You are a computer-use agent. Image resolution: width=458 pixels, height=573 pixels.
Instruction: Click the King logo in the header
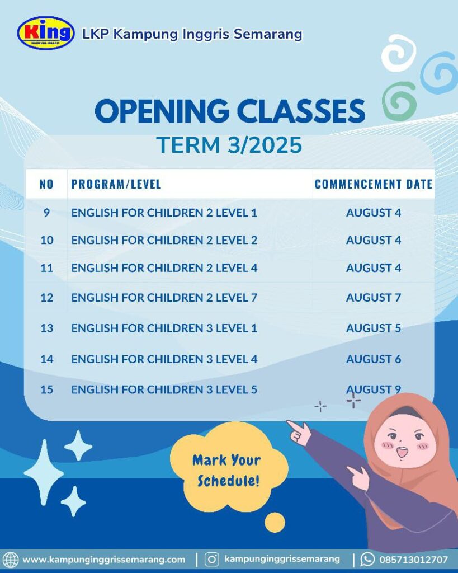[x=46, y=33]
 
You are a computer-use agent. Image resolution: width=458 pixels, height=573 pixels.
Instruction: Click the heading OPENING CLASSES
[x=230, y=111]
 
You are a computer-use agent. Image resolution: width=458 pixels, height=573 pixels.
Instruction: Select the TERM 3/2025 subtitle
[x=229, y=145]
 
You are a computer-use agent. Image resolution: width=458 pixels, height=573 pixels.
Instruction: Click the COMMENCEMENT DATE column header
[x=374, y=184]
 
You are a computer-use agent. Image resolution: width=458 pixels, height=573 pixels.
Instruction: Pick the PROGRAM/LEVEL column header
[x=116, y=184]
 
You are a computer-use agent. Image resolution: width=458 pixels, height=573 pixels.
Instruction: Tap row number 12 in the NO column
[x=47, y=298]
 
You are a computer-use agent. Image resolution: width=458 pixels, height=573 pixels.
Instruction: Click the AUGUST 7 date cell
[x=374, y=298]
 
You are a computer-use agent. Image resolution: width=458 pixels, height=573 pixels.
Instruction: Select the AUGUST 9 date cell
[x=374, y=389]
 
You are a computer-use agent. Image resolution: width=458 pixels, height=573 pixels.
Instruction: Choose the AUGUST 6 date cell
[x=374, y=359]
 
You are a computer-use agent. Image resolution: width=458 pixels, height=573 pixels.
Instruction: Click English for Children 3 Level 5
[x=164, y=389]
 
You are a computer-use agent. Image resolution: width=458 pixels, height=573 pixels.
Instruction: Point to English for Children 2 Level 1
[x=164, y=213]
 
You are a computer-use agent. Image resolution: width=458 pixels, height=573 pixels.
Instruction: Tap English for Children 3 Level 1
[x=164, y=328]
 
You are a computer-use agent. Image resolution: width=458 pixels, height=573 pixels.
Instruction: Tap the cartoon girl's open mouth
[x=402, y=452]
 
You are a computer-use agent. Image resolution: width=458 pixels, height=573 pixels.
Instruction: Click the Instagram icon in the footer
[x=211, y=560]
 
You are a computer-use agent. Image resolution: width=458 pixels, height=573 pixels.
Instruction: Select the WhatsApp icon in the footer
[x=367, y=559]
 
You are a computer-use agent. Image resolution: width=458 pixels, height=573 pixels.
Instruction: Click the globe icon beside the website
[x=11, y=560]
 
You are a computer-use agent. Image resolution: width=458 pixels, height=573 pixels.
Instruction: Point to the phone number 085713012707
[x=413, y=560]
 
